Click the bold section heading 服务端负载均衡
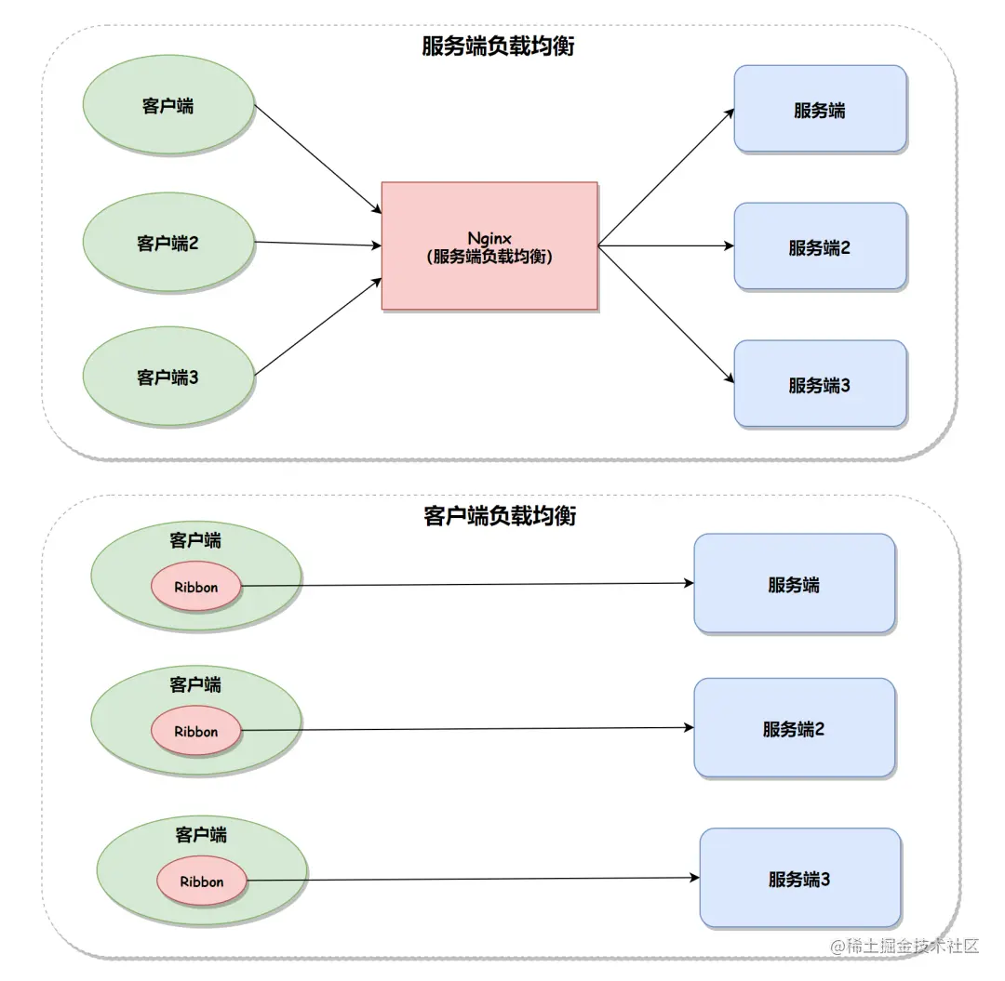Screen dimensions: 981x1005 click(x=498, y=46)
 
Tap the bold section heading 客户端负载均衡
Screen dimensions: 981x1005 click(x=500, y=515)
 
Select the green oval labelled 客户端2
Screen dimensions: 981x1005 click(x=168, y=244)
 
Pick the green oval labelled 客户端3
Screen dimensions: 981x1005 click(x=168, y=378)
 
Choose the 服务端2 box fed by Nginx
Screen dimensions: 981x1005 click(x=820, y=246)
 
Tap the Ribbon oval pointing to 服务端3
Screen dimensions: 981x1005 click(x=202, y=881)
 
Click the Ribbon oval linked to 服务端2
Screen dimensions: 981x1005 click(x=196, y=731)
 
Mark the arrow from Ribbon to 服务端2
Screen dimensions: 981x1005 click(x=465, y=729)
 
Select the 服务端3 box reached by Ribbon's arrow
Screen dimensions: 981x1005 click(x=800, y=878)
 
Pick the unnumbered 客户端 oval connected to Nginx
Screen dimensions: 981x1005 click(x=168, y=105)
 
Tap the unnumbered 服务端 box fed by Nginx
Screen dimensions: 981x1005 click(x=820, y=109)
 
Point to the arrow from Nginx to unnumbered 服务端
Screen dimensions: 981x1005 click(x=666, y=178)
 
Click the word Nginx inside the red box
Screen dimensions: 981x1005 click(x=489, y=239)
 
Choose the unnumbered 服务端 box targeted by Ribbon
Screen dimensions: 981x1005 click(x=794, y=584)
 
